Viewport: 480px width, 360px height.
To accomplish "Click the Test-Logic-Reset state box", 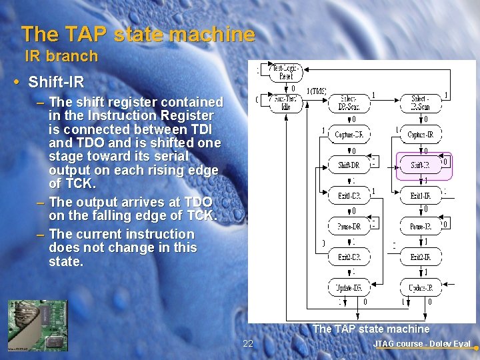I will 285,71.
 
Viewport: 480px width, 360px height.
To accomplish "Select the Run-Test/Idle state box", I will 285,103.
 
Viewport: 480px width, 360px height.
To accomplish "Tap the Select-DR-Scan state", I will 348,103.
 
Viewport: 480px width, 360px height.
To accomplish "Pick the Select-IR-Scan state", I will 420,103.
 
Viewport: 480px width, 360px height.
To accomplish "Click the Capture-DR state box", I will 349,134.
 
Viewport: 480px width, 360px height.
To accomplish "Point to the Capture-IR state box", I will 420,134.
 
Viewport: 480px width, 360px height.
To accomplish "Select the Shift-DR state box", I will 349,165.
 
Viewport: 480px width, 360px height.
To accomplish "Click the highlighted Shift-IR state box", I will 420,165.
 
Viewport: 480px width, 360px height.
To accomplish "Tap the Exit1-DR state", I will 349,195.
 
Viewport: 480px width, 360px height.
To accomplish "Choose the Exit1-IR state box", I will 420,195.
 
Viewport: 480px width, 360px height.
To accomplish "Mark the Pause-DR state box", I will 349,227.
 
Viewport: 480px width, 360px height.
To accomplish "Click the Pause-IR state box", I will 420,227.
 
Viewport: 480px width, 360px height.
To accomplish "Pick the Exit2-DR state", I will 349,257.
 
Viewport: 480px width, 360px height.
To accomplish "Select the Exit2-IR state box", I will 420,257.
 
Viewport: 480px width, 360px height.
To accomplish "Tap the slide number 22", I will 248,343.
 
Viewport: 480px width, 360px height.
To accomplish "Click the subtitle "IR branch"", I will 61,57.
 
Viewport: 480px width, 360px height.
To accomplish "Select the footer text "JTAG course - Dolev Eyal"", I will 421,344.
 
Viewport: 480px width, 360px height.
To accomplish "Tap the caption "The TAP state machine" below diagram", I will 371,329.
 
